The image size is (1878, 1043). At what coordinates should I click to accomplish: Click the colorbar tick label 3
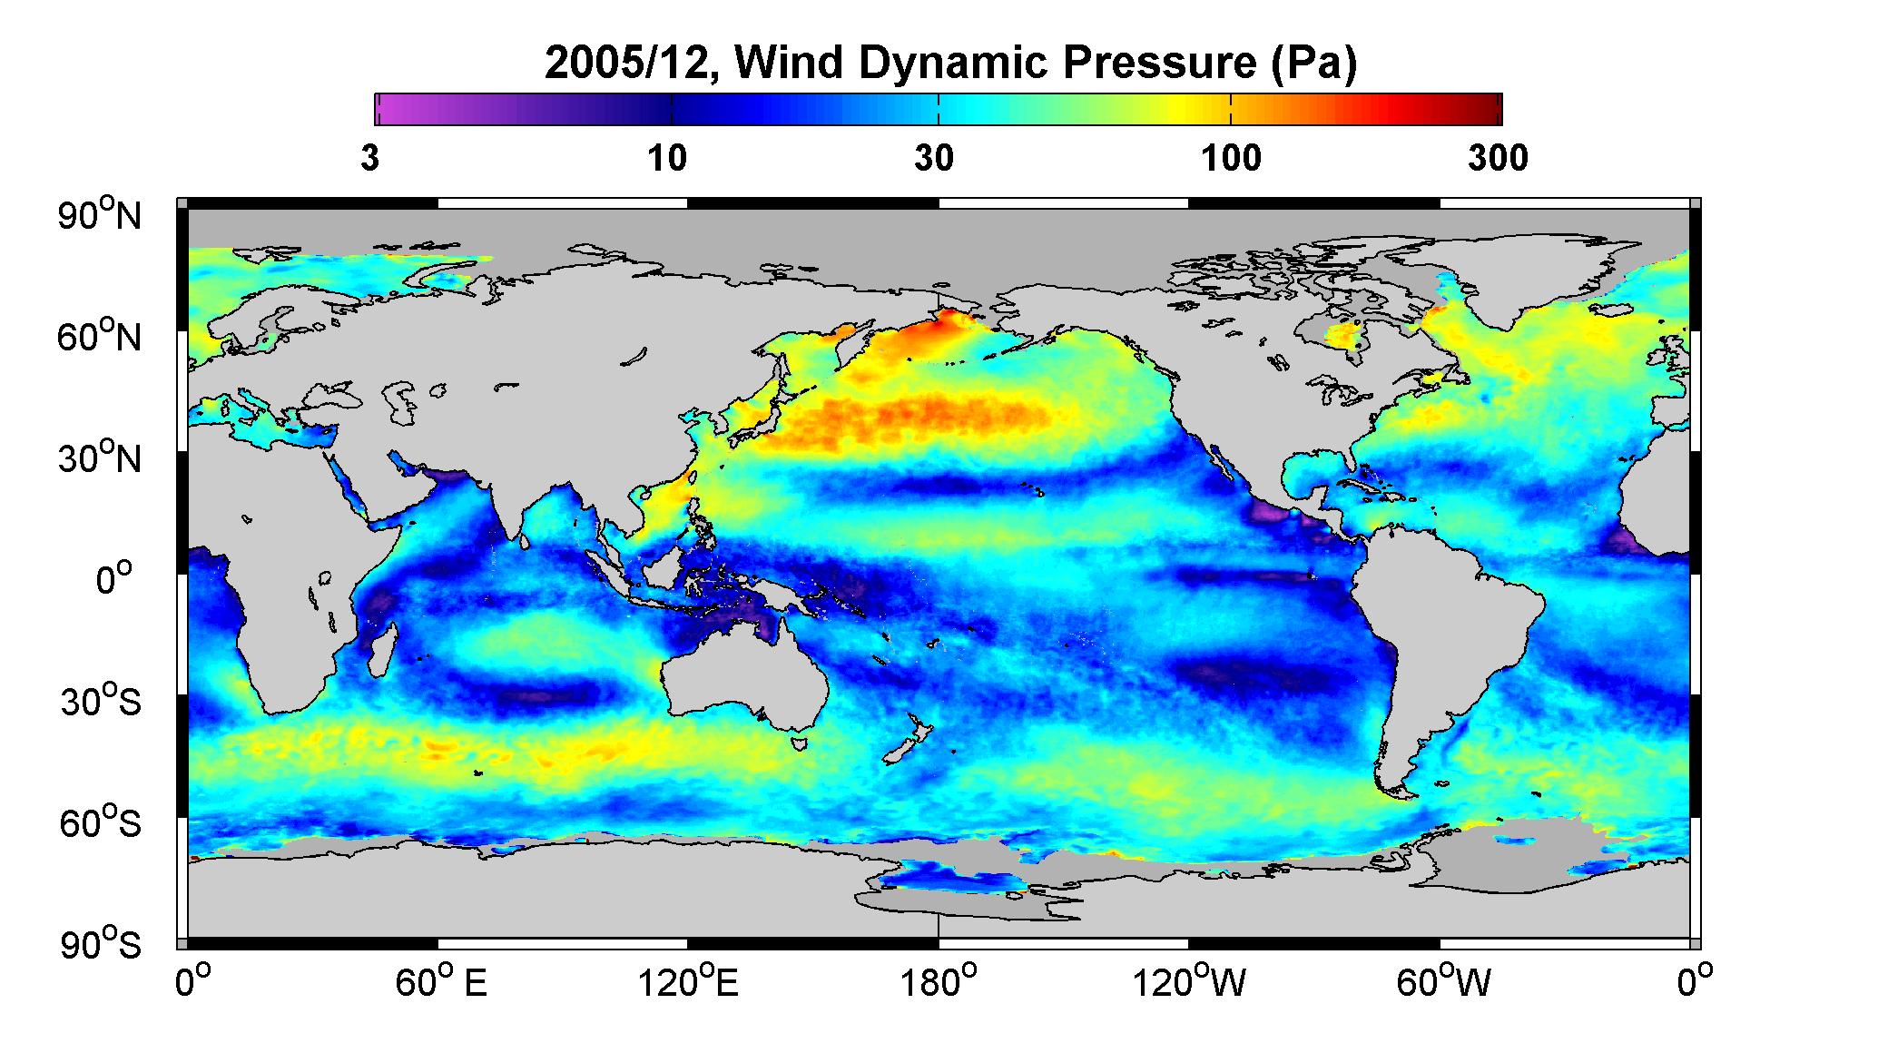click(369, 159)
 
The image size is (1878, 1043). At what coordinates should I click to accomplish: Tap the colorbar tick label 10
click(667, 159)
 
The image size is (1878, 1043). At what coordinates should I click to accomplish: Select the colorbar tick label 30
click(934, 159)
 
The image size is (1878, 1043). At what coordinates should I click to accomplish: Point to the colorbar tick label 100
click(1231, 159)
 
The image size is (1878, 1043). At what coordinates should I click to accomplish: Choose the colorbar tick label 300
click(1498, 159)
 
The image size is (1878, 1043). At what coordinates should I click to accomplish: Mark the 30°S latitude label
click(101, 701)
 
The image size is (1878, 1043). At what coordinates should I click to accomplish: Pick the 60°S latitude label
click(101, 822)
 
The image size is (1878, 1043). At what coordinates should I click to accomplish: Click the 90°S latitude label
click(101, 944)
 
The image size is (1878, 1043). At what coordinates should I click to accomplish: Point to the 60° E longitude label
click(441, 982)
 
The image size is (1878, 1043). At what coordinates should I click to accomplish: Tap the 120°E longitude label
click(688, 982)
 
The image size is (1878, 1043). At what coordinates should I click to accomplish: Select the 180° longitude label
click(939, 982)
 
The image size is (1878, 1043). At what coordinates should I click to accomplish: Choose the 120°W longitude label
click(1189, 982)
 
